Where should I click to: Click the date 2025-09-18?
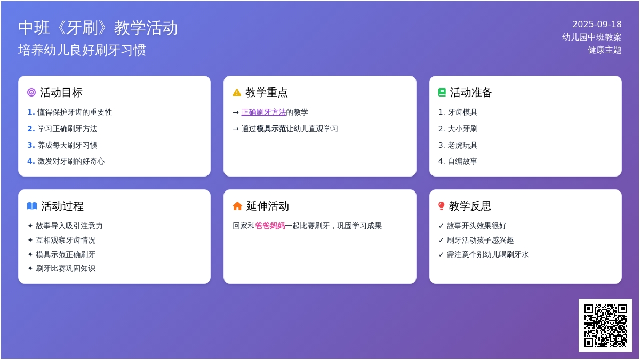point(597,25)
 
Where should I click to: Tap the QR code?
point(605,325)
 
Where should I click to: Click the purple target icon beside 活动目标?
point(31,92)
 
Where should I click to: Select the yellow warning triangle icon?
point(237,92)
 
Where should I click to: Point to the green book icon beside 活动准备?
point(442,92)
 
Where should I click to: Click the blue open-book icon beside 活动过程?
point(32,206)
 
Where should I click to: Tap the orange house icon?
point(237,206)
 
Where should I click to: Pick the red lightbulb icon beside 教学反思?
point(441,206)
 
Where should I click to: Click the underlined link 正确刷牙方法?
point(263,113)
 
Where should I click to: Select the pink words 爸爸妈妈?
point(270,226)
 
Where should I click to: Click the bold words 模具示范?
point(271,129)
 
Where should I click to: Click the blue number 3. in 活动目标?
point(31,145)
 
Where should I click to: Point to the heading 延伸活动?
point(268,206)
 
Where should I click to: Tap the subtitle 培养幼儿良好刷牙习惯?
point(82,50)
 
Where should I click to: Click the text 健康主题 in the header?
point(605,50)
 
